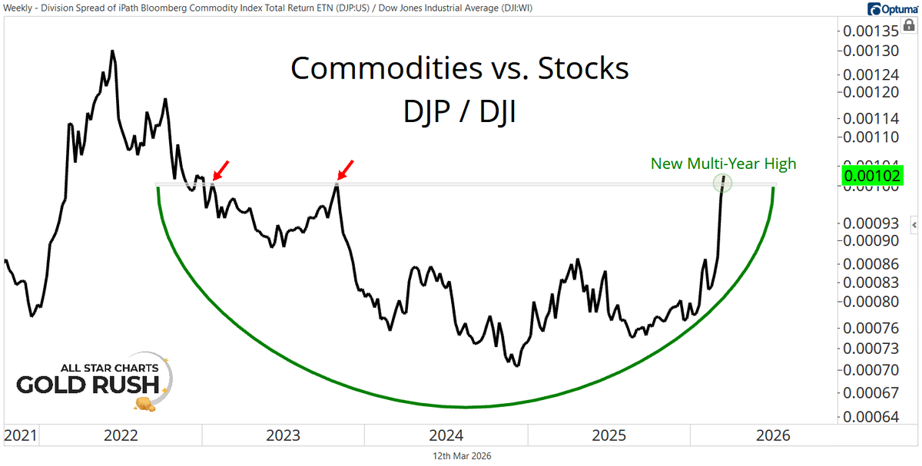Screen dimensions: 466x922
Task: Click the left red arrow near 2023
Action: point(220,170)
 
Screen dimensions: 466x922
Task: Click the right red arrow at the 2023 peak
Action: point(346,169)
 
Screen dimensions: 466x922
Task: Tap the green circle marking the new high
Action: point(722,183)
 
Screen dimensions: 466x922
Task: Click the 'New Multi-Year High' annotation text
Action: point(723,163)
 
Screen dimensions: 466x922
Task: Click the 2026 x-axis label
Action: point(771,436)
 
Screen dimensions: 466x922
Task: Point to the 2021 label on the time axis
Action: point(20,436)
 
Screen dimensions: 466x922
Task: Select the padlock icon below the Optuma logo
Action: point(910,25)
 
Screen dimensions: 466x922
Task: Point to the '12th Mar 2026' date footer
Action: point(461,455)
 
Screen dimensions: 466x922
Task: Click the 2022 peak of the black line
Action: point(112,51)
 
